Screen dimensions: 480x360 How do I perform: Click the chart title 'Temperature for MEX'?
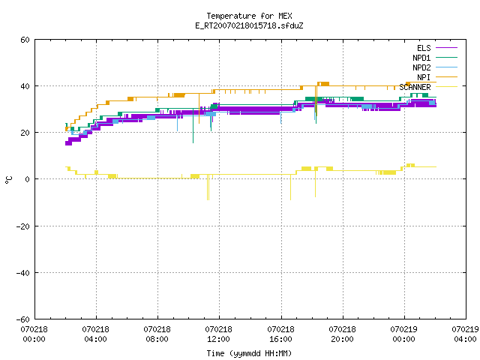pyautogui.click(x=249, y=16)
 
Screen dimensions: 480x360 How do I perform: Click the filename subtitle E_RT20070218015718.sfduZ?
pyautogui.click(x=249, y=25)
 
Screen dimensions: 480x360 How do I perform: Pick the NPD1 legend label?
pyautogui.click(x=421, y=58)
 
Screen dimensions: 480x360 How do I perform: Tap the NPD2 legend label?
pyautogui.click(x=421, y=67)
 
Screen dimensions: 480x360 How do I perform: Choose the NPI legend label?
pyautogui.click(x=424, y=77)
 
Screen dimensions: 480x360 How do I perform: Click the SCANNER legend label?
pyautogui.click(x=415, y=87)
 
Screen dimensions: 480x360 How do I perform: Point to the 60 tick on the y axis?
pyautogui.click(x=25, y=40)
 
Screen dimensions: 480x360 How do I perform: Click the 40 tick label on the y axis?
pyautogui.click(x=25, y=86)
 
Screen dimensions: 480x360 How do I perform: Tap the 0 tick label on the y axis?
pyautogui.click(x=27, y=179)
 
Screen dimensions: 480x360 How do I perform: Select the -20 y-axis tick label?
pyautogui.click(x=23, y=226)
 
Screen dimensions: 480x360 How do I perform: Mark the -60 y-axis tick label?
pyautogui.click(x=23, y=319)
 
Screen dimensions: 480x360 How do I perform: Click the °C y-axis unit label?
pyautogui.click(x=9, y=180)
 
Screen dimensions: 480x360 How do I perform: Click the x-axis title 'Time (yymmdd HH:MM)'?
pyautogui.click(x=249, y=353)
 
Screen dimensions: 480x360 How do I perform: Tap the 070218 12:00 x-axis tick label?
pyautogui.click(x=219, y=334)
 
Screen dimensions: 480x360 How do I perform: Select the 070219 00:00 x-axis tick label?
pyautogui.click(x=403, y=334)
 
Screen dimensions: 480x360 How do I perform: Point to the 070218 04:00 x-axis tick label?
pyautogui.click(x=95, y=334)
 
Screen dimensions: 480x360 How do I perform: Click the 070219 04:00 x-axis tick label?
pyautogui.click(x=465, y=334)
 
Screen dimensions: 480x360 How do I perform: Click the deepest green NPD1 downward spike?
pyautogui.click(x=193, y=125)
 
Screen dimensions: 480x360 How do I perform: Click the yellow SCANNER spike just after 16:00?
pyautogui.click(x=290, y=187)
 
